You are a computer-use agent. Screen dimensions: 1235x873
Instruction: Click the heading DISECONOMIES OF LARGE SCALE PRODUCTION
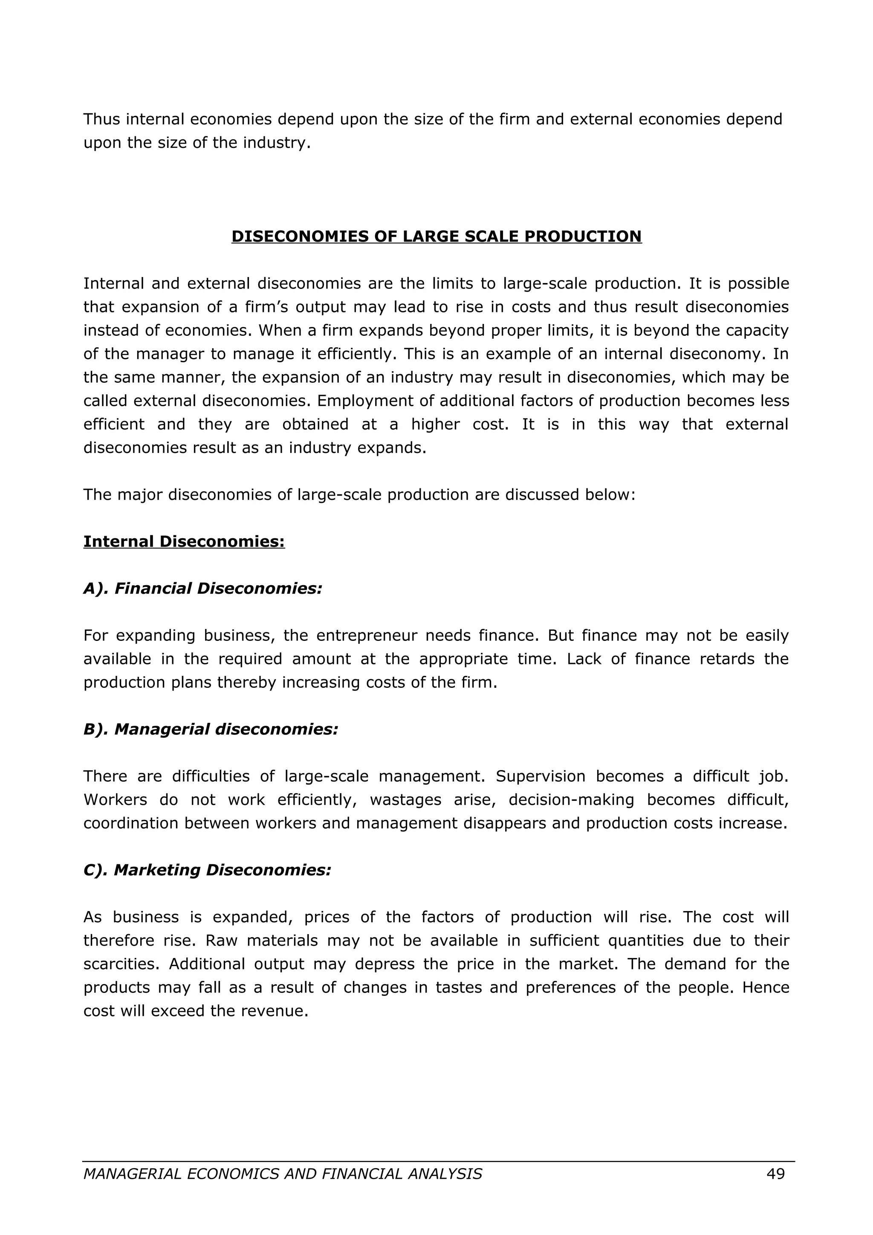pyautogui.click(x=436, y=236)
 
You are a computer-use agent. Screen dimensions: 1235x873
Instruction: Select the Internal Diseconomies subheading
pyautogui.click(x=184, y=541)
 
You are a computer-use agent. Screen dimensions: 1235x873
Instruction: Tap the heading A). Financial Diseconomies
pyautogui.click(x=203, y=589)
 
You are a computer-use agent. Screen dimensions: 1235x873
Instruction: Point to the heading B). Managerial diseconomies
pyautogui.click(x=211, y=730)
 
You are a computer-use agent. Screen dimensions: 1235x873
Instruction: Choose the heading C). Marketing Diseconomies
pyautogui.click(x=207, y=870)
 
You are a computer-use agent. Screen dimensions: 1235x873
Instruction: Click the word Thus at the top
pyautogui.click(x=101, y=119)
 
